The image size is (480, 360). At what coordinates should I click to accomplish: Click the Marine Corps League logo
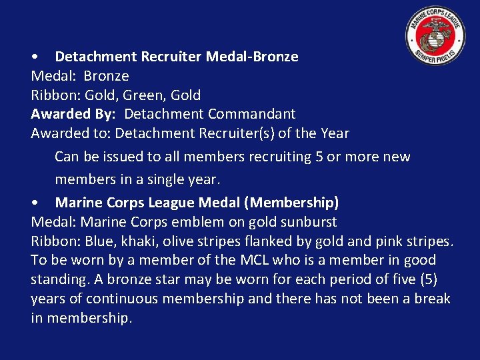pos(435,36)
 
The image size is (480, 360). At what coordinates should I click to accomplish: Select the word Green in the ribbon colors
pos(143,95)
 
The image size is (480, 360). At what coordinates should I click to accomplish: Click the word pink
pos(385,241)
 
